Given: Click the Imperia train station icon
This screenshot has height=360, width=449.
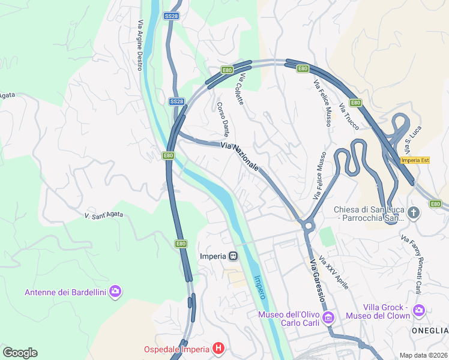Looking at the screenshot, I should pyautogui.click(x=233, y=256).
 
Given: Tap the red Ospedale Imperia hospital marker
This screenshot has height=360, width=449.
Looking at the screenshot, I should pyautogui.click(x=218, y=349).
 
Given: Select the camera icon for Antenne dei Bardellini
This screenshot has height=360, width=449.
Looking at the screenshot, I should pyautogui.click(x=115, y=292).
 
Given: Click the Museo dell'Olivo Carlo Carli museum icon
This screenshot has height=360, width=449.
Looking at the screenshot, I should pyautogui.click(x=328, y=316).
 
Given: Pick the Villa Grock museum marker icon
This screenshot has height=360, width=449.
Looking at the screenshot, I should pyautogui.click(x=418, y=310).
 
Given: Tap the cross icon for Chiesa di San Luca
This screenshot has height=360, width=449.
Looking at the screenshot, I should pyautogui.click(x=413, y=212).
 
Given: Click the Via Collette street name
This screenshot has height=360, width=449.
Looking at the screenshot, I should pyautogui.click(x=241, y=90).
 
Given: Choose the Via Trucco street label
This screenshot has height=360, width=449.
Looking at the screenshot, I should pyautogui.click(x=349, y=116).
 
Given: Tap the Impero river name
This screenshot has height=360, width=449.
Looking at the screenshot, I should pyautogui.click(x=259, y=287).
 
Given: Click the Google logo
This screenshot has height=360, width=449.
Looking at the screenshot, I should pyautogui.click(x=20, y=352).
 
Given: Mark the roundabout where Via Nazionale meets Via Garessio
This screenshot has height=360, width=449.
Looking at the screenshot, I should pyautogui.click(x=308, y=226).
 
